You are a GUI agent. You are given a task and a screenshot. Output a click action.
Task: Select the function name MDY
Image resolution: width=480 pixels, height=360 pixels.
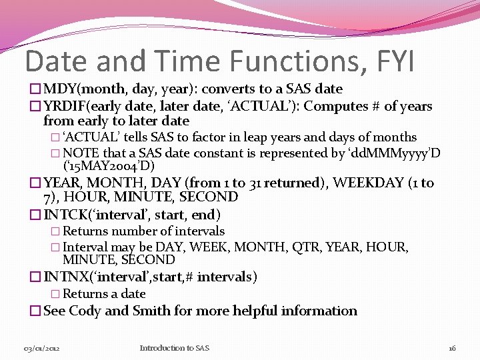point(60,89)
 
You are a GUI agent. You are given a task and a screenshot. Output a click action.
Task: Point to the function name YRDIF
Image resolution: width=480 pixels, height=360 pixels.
point(65,107)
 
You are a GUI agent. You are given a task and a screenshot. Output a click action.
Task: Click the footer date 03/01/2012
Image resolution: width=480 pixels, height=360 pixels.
point(41,349)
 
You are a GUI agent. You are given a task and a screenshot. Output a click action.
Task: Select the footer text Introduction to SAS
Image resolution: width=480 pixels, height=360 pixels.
point(174,348)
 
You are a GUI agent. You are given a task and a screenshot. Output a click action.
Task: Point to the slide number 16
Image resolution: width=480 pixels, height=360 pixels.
point(451,349)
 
